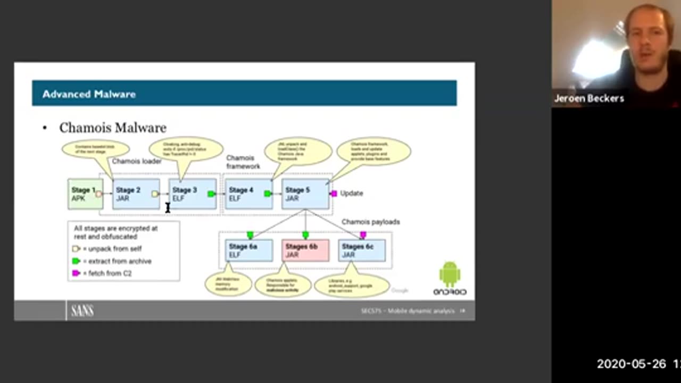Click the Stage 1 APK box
click(x=85, y=194)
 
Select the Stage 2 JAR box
click(x=136, y=194)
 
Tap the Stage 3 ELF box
click(x=192, y=194)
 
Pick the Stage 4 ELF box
click(x=248, y=194)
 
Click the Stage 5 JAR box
click(x=305, y=194)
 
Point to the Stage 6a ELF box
click(x=249, y=251)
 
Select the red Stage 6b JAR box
click(x=305, y=251)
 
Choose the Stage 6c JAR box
click(x=362, y=251)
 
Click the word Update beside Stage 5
click(x=352, y=194)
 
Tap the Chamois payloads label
click(x=370, y=222)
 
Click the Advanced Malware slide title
click(x=89, y=94)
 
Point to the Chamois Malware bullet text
click(x=113, y=128)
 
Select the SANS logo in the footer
click(x=82, y=311)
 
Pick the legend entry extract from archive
click(x=116, y=261)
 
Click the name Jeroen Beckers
click(x=589, y=98)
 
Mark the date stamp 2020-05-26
click(x=631, y=364)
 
